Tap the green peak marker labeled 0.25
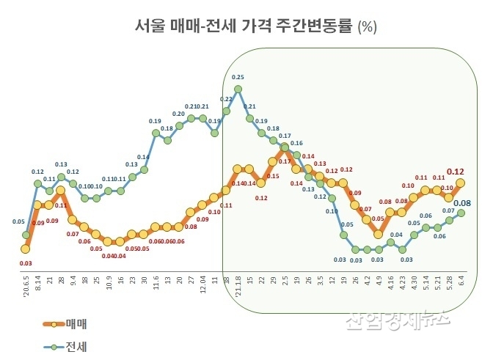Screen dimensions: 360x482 point(238,90)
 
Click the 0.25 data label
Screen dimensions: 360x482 point(238,77)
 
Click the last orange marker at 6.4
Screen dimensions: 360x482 point(461,183)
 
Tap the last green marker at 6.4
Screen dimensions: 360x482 point(461,213)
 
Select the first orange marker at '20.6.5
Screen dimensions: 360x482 point(26,249)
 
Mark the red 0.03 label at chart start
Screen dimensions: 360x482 point(26,262)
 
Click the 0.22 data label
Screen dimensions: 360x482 point(226,98)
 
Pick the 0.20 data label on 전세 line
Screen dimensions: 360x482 point(178,114)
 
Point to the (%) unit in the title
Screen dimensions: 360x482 point(367,28)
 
